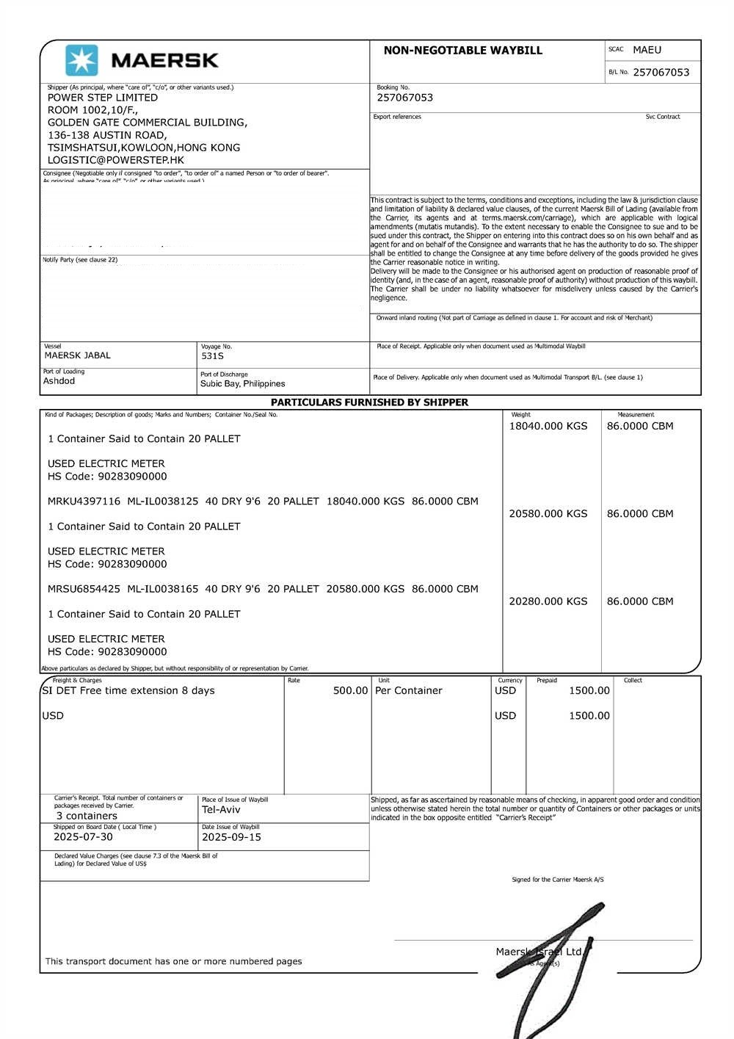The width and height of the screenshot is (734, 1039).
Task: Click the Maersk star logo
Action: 81,60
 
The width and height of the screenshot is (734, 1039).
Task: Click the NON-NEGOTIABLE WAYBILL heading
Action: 462,51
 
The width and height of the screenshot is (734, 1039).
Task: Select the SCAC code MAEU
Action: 647,50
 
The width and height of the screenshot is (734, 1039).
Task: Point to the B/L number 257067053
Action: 661,72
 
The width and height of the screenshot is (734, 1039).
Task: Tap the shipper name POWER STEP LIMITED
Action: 103,98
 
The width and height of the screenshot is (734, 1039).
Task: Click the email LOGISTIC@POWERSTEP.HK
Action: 116,160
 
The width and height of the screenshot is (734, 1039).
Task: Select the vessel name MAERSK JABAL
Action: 78,355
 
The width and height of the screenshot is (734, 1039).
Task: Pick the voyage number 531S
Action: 212,356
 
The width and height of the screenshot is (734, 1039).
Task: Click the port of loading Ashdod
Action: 59,381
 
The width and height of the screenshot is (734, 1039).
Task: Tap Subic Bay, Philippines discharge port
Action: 242,384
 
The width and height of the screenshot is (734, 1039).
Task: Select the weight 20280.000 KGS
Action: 548,601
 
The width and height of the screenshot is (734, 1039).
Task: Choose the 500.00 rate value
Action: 350,691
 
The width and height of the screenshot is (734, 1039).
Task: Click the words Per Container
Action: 409,691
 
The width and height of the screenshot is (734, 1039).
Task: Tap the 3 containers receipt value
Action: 87,816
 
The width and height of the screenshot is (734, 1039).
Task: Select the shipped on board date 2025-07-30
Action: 83,837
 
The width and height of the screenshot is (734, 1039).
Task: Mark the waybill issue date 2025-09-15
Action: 231,837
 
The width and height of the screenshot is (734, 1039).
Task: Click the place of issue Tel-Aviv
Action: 221,810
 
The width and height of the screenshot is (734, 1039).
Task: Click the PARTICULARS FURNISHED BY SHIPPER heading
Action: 369,402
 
